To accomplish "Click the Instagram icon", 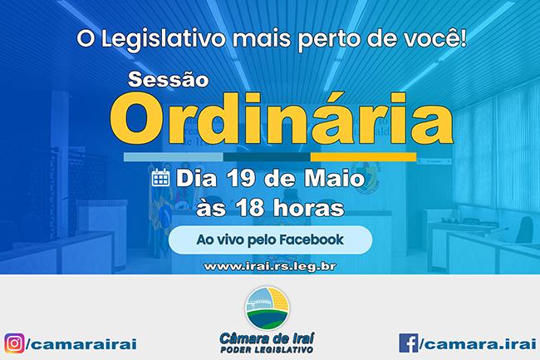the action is point(14,343).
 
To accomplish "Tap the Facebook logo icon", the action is point(409,343).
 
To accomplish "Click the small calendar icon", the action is point(161,178).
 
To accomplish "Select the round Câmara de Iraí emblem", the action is point(268,308).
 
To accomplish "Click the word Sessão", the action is point(169,80).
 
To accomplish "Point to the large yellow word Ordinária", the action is point(282,119).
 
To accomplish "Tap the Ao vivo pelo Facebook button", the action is point(270,240).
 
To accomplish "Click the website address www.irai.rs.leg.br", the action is point(270,267).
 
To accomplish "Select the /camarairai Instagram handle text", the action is point(81,344).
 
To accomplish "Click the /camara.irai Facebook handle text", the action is point(478,343).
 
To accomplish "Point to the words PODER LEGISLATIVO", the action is point(267,350).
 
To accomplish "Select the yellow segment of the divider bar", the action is point(363,157).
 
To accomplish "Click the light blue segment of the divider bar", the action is point(174,157).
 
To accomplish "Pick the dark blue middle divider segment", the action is point(267,157).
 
